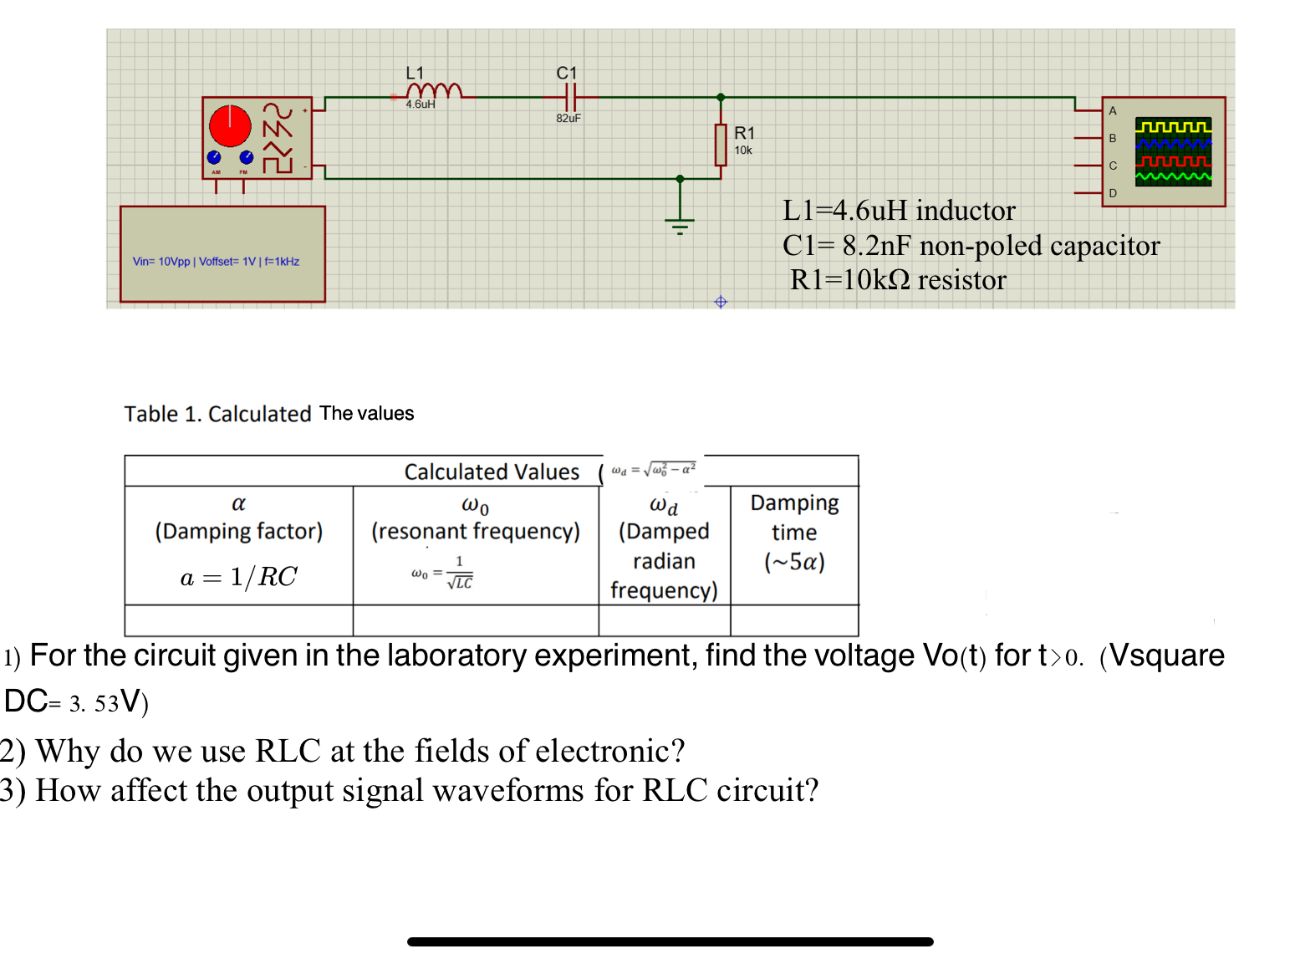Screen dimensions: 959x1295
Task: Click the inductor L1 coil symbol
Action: [x=433, y=90]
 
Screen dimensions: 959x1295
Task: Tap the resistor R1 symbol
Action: [x=721, y=144]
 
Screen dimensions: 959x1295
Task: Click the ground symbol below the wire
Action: [x=680, y=223]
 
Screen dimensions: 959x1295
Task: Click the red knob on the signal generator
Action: [x=230, y=125]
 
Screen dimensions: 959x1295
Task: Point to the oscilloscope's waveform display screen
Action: [x=1173, y=151]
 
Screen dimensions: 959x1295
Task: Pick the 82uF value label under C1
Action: [x=568, y=119]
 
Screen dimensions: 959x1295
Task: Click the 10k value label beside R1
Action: [x=743, y=150]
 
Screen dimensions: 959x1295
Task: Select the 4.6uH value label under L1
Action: [x=421, y=105]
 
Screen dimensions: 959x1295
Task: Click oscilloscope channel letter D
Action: [x=1113, y=193]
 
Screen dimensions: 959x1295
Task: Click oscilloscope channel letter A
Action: [x=1113, y=111]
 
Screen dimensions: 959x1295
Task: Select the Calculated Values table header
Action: [x=492, y=472]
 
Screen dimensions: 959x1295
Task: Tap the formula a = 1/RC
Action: [x=238, y=577]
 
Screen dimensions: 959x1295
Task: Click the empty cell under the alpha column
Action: [x=238, y=620]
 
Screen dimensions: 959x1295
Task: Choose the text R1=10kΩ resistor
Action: [x=898, y=280]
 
